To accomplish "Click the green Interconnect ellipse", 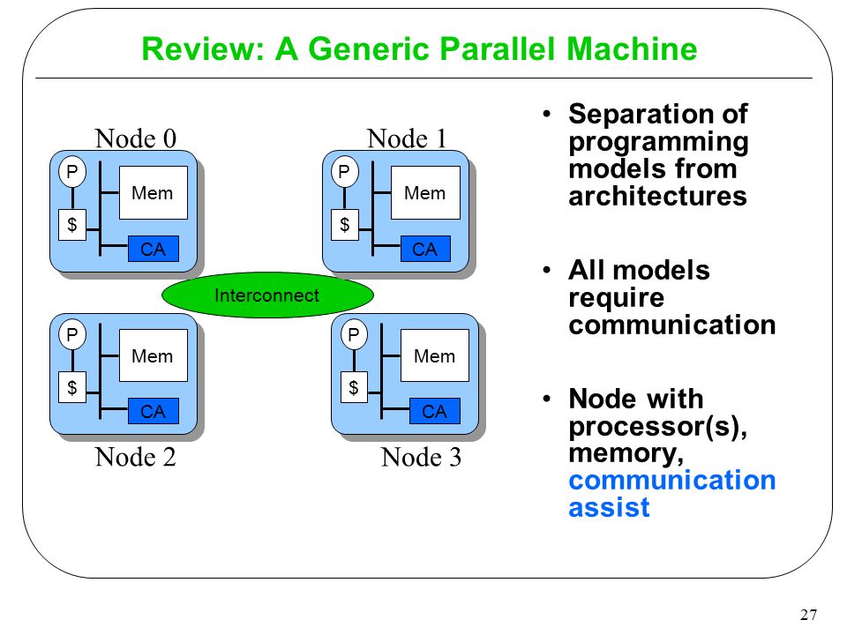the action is [x=267, y=295].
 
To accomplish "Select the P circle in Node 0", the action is [x=71, y=172].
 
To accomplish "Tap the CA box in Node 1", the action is [x=425, y=249].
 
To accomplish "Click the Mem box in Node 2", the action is [x=153, y=355].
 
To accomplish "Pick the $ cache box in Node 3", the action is [x=354, y=387].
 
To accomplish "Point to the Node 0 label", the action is [x=136, y=138].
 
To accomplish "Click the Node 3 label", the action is [x=422, y=458].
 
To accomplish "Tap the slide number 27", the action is [x=809, y=615].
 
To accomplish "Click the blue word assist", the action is [x=609, y=508].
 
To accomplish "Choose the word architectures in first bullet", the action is [x=657, y=196].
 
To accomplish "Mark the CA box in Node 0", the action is [x=154, y=249].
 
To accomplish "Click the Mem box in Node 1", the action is [x=425, y=193].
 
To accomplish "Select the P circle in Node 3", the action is [x=354, y=335].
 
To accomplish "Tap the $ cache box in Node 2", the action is [x=71, y=387].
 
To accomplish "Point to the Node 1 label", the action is [x=407, y=138].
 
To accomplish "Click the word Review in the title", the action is [x=203, y=49].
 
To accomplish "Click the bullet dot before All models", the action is [x=547, y=270].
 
